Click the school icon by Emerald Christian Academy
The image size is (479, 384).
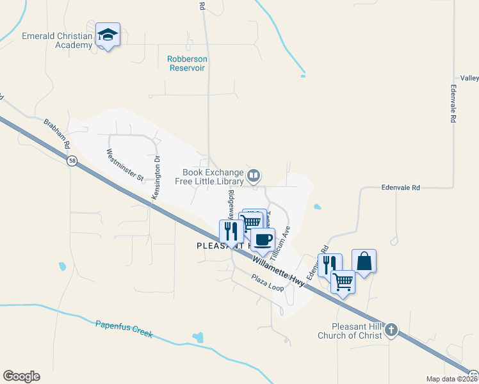coord(108,36)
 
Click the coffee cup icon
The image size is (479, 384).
coord(263,240)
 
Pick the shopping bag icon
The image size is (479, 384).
coord(364,261)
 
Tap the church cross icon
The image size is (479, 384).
coord(391,331)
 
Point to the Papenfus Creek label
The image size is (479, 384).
coord(124,328)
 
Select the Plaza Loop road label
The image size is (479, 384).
coord(267,284)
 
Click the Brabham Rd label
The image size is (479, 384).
coord(56,134)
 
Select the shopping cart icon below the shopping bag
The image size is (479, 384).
coord(343,281)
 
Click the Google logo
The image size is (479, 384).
coord(21,376)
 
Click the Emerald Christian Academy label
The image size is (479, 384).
coord(57,40)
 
